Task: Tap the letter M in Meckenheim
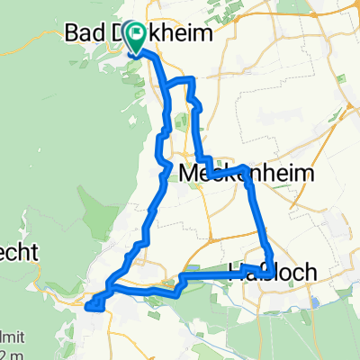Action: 188,172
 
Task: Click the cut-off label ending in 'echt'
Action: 18,253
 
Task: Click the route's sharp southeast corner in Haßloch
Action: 270,286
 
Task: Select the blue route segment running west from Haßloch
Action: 211,275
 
